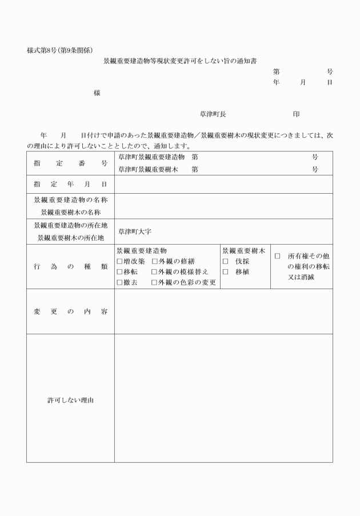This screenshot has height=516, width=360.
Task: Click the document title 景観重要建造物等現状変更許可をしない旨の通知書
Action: (179, 60)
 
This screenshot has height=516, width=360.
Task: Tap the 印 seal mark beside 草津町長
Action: (296, 114)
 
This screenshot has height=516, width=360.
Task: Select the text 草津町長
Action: (213, 114)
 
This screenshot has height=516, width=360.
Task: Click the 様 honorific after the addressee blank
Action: (97, 93)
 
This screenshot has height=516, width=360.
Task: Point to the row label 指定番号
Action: (70, 163)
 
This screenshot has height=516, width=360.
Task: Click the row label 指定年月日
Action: (70, 185)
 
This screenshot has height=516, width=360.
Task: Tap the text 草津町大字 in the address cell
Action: (134, 232)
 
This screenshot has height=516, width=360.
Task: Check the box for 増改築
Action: (119, 261)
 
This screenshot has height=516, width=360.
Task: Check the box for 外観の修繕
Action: (155, 261)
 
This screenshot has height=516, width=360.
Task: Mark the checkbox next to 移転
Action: (119, 272)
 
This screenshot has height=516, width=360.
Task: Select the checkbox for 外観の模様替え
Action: (155, 272)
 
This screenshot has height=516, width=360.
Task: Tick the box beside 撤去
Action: (119, 282)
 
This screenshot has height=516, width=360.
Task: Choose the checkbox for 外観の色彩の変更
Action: (155, 282)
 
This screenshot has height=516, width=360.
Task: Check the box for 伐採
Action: (226, 261)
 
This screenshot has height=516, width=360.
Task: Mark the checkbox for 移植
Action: (226, 272)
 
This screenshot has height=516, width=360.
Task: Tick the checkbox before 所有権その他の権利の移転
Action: (277, 257)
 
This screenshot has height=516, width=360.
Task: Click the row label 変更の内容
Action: (70, 311)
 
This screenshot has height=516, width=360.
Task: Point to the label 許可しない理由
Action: (70, 400)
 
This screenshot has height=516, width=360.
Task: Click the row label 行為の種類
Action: (70, 267)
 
